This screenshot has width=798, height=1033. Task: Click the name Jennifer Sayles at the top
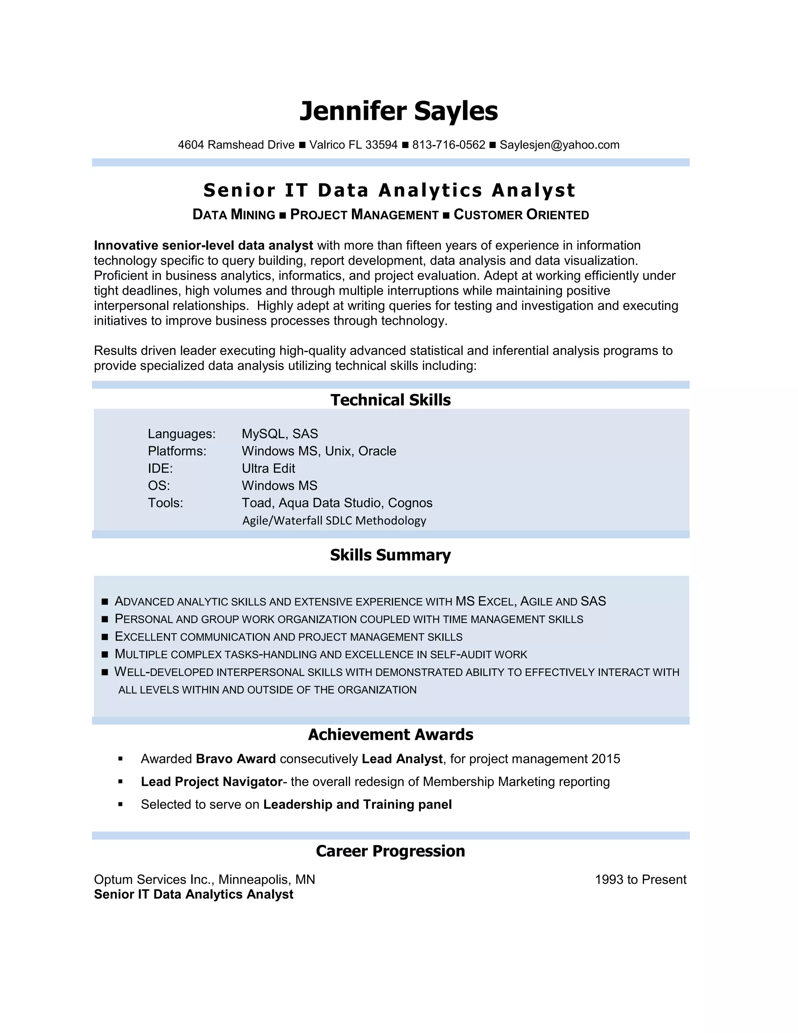tap(399, 111)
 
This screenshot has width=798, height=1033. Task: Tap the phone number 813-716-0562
tap(448, 145)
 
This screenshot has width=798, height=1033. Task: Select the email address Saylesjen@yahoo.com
tap(559, 145)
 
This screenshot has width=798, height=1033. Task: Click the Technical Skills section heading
tap(390, 400)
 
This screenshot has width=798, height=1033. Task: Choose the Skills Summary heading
tap(390, 555)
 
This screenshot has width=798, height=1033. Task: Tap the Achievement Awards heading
tap(390, 734)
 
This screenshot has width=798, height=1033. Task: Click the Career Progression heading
tap(390, 851)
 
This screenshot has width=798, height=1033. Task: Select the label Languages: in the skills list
tap(182, 434)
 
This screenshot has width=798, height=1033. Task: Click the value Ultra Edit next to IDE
tap(268, 468)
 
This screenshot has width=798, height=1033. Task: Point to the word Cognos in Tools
tap(410, 503)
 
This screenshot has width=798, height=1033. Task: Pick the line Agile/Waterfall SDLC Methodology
tap(334, 521)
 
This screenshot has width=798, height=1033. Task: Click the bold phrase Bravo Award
tap(235, 759)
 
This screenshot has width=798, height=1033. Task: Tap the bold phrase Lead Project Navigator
tap(211, 782)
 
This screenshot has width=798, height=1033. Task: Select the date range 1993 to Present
tap(641, 880)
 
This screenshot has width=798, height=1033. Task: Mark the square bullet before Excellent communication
tap(105, 637)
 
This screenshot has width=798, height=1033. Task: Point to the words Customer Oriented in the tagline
tap(521, 215)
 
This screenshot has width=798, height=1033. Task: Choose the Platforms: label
tap(177, 451)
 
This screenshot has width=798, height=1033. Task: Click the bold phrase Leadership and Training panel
tap(357, 805)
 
